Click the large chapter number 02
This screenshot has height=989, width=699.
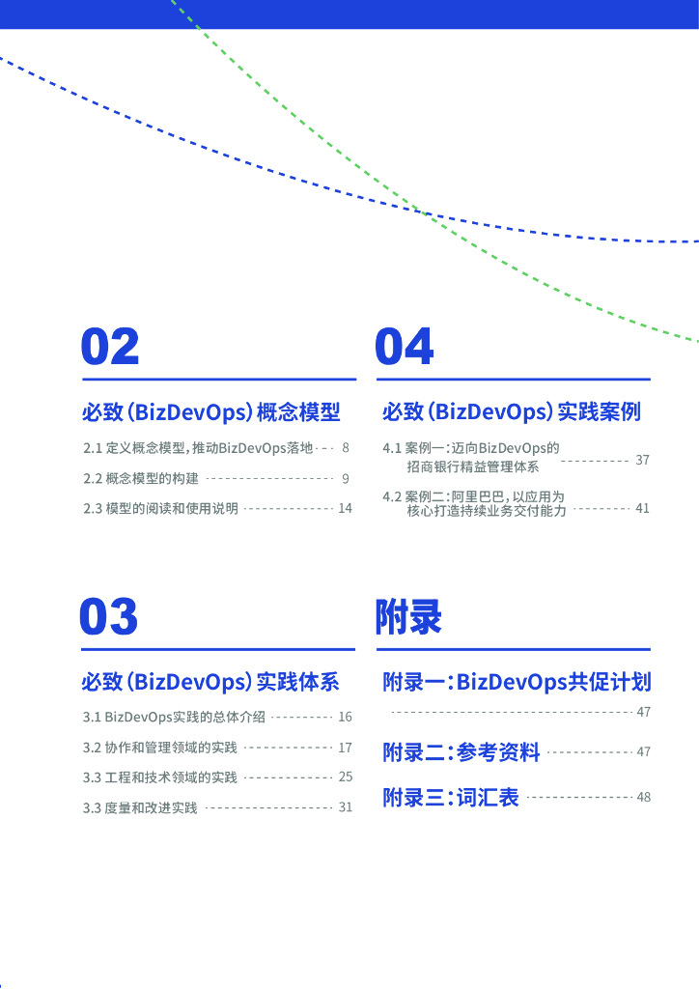pos(111,348)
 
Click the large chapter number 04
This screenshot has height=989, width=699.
pos(405,348)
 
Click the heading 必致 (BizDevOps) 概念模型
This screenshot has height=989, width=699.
pos(211,412)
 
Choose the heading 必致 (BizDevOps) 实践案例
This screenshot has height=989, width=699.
pos(512,412)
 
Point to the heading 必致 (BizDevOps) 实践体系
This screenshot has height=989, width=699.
pos(210,682)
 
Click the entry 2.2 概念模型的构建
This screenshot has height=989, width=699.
pos(141,479)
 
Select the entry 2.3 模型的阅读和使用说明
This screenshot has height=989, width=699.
pos(160,509)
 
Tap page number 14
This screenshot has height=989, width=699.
pos(345,508)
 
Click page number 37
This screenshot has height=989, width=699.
pos(642,460)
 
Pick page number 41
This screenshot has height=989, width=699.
pos(642,508)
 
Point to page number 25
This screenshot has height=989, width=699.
pos(345,777)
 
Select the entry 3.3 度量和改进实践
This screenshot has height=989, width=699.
pos(140,807)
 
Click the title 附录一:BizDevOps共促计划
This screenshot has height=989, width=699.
pos(517,683)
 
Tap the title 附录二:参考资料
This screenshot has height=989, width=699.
pos(461,751)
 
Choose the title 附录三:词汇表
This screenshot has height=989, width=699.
pos(451,798)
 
